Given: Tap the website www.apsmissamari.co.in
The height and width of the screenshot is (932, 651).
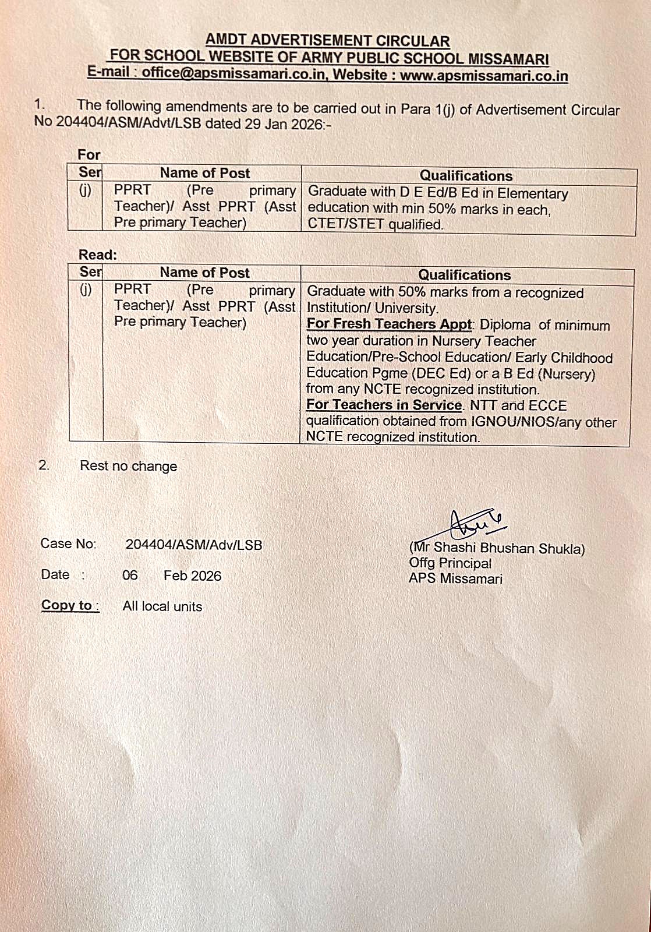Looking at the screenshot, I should point(484,76).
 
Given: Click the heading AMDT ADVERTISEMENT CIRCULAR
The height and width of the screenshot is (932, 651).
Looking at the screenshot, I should point(328,41).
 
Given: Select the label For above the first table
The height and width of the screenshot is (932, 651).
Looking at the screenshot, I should point(89,155).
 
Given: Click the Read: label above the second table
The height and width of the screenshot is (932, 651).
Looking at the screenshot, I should point(97,255).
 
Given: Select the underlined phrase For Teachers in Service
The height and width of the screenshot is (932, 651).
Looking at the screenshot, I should point(384,404).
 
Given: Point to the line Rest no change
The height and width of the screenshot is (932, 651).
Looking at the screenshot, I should point(128,466).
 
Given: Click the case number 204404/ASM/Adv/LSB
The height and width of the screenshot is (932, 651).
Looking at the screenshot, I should point(193,545).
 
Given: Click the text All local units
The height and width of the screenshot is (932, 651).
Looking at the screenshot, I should point(162,606).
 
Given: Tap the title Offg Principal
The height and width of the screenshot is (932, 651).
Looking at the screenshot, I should point(450,563).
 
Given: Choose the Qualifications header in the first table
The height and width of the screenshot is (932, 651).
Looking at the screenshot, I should point(466,176).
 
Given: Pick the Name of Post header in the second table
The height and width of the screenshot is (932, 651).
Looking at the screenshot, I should point(204,273).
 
